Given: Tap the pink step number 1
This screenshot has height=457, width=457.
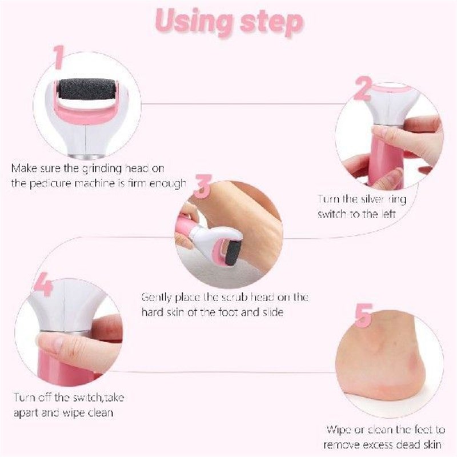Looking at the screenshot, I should coord(58,58).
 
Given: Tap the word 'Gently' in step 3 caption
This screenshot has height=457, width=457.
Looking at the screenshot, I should coord(157,298).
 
